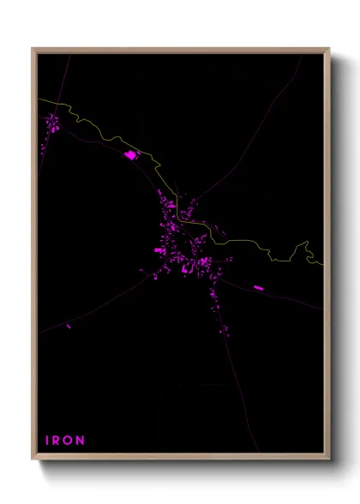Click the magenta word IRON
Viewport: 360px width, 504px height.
[x=65, y=441]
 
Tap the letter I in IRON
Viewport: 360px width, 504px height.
[x=47, y=441]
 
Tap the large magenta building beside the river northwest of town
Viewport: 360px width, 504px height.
[x=131, y=155]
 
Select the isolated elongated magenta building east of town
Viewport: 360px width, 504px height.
[x=258, y=287]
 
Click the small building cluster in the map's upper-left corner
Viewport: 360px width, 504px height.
[x=51, y=123]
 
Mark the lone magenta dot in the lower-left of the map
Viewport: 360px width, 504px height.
[x=69, y=326]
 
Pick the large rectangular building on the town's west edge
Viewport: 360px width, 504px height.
[x=159, y=250]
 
